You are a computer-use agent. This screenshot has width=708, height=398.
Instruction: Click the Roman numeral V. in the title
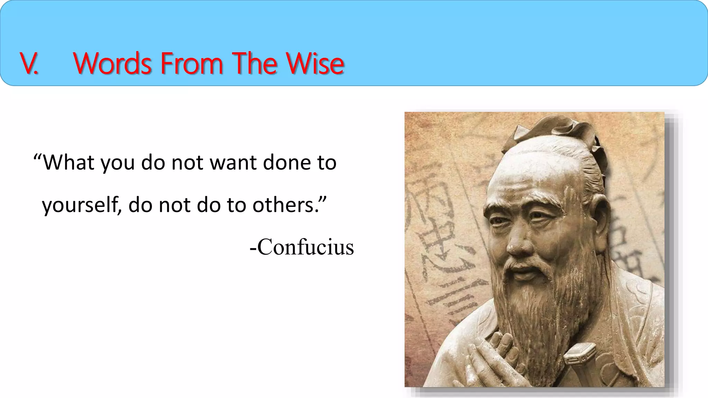(x=29, y=63)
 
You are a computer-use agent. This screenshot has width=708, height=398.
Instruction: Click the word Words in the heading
(x=113, y=63)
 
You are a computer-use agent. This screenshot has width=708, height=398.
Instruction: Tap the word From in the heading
(x=192, y=63)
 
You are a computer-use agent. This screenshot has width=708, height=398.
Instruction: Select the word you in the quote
(x=118, y=163)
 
